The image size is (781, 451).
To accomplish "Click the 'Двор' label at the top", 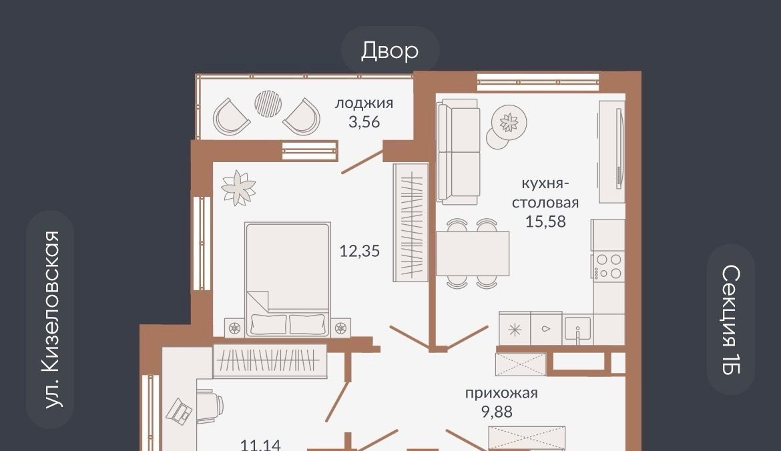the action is [x=390, y=51].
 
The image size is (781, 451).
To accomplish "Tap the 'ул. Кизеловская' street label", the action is [x=51, y=320].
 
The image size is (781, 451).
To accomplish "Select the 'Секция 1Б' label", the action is [x=731, y=319].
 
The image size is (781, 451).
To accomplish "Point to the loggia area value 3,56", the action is [x=364, y=121].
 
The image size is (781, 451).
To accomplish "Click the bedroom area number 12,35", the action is [x=360, y=251].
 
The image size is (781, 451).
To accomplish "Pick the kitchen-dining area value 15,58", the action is [x=545, y=221].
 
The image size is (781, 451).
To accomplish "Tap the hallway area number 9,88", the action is [x=497, y=412].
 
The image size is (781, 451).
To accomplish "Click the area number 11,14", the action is [x=260, y=444].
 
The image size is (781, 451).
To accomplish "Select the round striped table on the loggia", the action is [x=268, y=103].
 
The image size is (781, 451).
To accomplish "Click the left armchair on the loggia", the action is [x=230, y=117].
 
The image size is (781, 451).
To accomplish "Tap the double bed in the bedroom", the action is [x=288, y=280].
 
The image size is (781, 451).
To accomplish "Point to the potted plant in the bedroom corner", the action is [x=238, y=187].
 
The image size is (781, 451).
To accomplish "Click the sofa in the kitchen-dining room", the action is [x=458, y=151].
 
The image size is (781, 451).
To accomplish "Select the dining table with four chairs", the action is [x=473, y=254].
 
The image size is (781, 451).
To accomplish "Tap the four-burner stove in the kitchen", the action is [x=608, y=266].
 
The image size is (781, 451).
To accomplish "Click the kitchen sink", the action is [x=578, y=328].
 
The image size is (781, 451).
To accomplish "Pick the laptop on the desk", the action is [x=179, y=412].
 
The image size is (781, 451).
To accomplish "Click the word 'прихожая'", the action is [x=501, y=393].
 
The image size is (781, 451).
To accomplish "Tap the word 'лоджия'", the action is [x=364, y=103].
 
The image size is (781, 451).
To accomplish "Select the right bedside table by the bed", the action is [x=340, y=328].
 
